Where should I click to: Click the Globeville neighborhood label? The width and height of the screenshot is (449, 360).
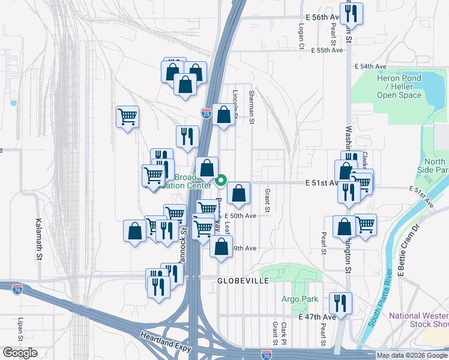243,280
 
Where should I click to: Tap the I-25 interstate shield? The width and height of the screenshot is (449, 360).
206,113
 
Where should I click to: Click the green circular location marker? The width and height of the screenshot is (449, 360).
221,180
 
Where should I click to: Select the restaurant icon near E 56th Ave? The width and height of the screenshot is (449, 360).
351,14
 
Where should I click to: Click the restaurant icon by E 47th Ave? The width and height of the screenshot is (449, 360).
341,303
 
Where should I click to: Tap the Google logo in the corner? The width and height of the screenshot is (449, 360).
19,353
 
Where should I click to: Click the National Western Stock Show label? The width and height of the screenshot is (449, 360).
418,320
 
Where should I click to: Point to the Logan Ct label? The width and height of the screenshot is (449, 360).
301,37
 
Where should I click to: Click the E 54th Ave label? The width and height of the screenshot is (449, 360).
370,66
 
